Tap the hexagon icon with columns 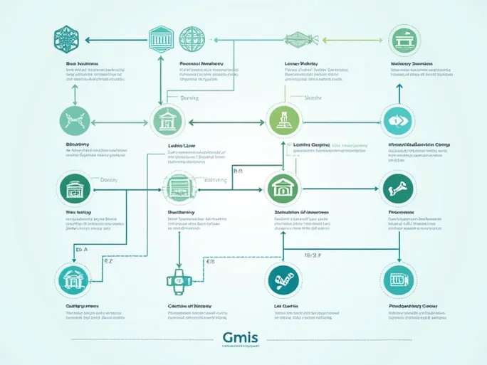click(160, 38)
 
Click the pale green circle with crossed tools click(75, 120)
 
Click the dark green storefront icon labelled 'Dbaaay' click(73, 189)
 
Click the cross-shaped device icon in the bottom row click(179, 280)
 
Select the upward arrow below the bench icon click(399, 88)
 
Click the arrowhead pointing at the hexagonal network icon click(88, 41)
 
